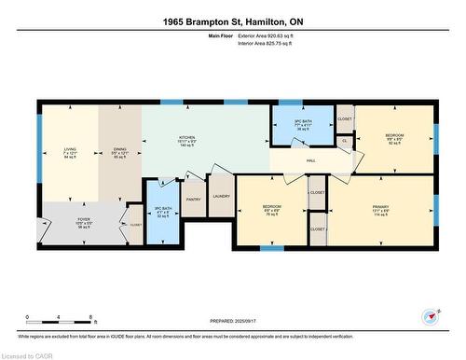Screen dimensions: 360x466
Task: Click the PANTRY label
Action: click(x=194, y=199)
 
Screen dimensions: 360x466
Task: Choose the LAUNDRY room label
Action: click(x=221, y=196)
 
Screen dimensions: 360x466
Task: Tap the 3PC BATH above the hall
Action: click(x=301, y=125)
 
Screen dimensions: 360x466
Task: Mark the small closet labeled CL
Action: click(x=344, y=141)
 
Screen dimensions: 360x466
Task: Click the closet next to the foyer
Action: click(x=134, y=224)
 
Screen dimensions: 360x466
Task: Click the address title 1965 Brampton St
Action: click(x=233, y=21)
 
